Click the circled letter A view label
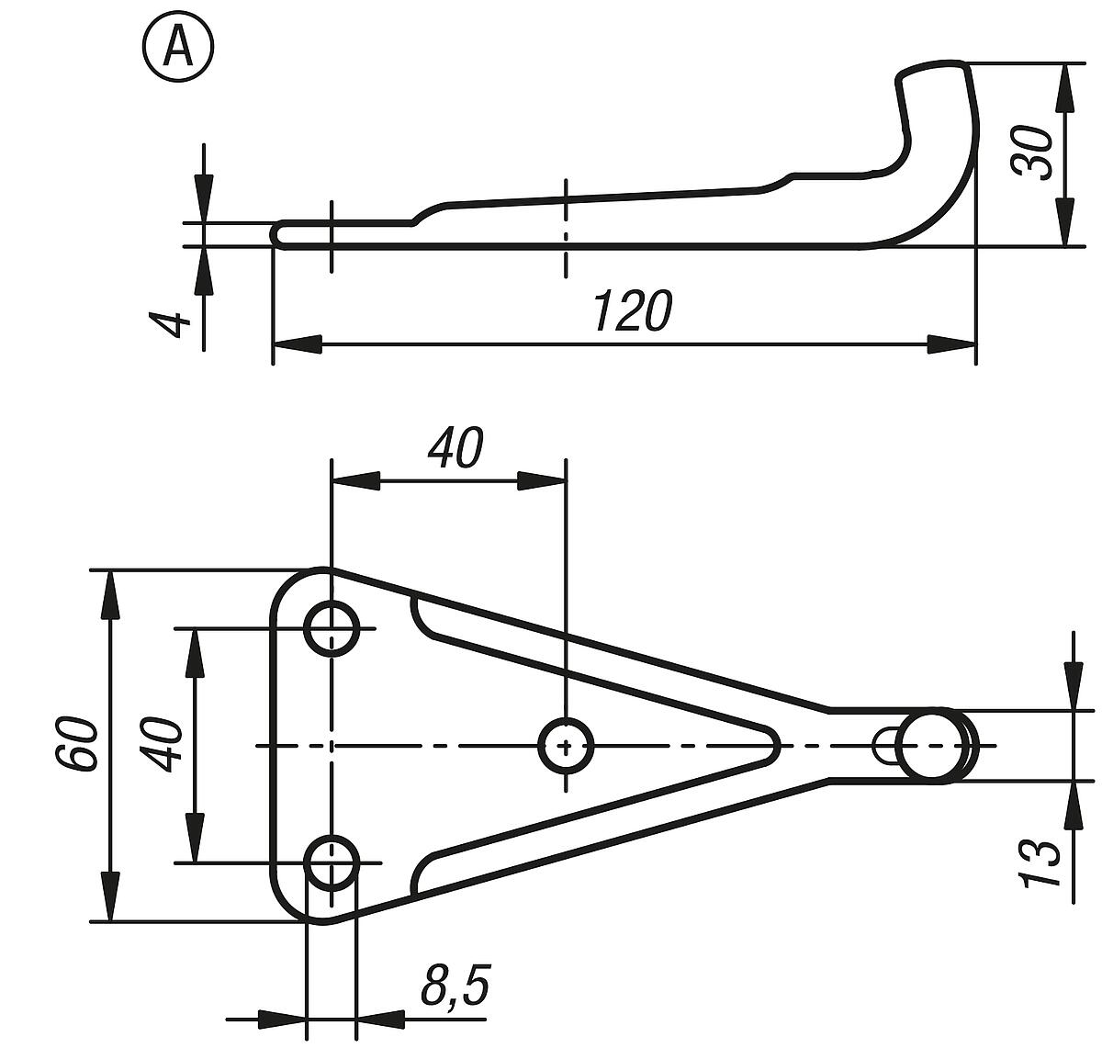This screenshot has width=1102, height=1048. point(177,48)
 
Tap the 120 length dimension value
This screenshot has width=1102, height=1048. point(633,310)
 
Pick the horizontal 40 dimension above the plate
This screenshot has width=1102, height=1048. point(455,448)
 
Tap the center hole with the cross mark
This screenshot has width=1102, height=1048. point(566,745)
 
